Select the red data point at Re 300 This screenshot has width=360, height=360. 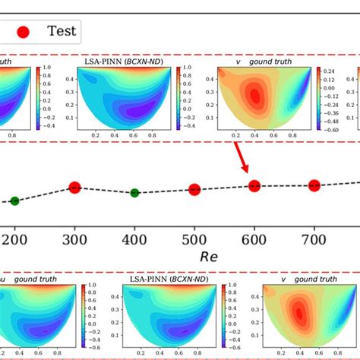click(x=74, y=187)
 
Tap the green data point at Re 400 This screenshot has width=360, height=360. click(x=134, y=192)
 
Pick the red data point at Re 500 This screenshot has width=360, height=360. click(x=194, y=189)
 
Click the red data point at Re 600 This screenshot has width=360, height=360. click(x=254, y=185)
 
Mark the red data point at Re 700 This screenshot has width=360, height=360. click(x=314, y=185)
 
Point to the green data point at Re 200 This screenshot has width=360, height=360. click(x=14, y=201)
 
